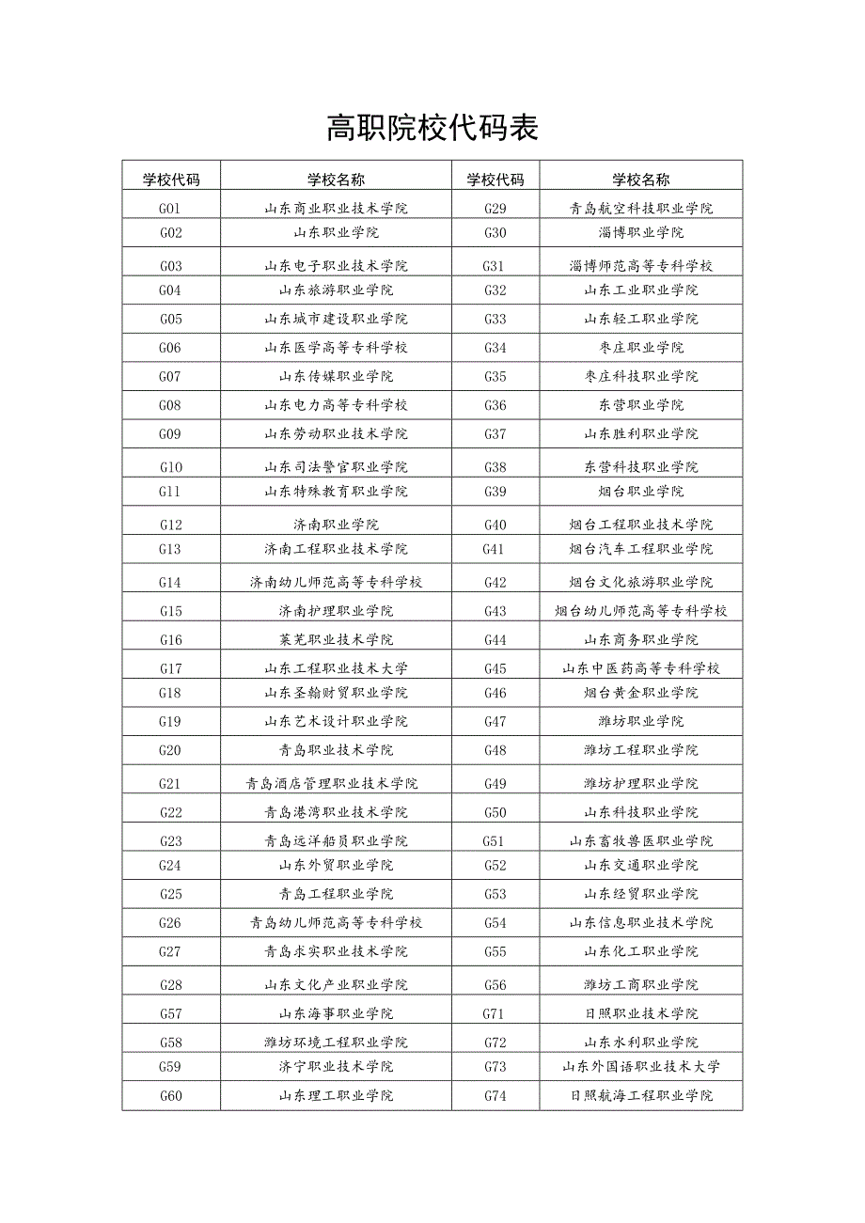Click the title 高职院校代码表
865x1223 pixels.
pos(432,128)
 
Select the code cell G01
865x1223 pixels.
pos(170,209)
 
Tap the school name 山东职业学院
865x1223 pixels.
pos(336,232)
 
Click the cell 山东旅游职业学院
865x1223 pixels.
pos(336,290)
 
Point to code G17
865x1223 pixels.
pos(170,668)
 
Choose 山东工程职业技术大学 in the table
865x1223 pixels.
pos(336,668)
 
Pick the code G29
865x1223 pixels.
pos(495,209)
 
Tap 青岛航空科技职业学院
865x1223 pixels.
pos(640,209)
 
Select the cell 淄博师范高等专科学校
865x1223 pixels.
pos(640,266)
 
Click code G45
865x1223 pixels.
pos(495,668)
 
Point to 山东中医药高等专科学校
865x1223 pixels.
pos(640,668)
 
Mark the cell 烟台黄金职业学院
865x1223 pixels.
pos(640,693)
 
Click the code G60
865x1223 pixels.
pos(170,1095)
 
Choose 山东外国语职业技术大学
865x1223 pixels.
pos(640,1066)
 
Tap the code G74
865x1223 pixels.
pos(495,1095)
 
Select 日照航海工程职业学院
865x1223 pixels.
pos(640,1095)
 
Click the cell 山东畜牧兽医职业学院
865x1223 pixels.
pos(640,840)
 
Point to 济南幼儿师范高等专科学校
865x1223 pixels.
pos(336,582)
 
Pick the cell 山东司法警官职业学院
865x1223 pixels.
pos(336,467)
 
